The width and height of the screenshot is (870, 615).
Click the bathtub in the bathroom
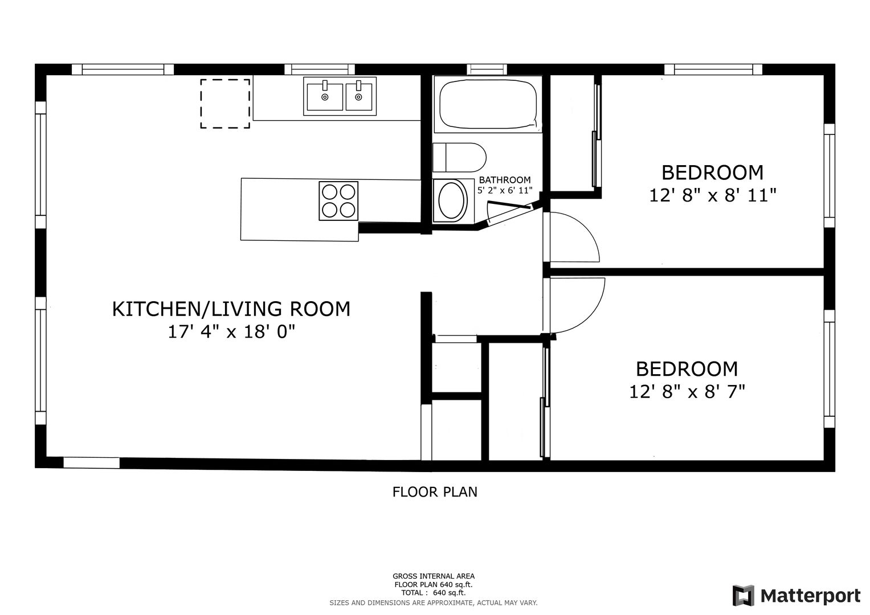[x=488, y=104]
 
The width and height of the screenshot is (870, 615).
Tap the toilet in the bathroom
[x=459, y=158]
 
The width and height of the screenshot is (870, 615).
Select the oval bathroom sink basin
[x=451, y=200]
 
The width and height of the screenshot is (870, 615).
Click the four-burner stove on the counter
[x=338, y=200]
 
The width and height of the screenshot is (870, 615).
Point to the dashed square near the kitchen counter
[x=225, y=104]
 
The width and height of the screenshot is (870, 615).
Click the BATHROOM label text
[x=505, y=180]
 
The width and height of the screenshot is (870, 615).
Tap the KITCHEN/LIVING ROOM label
[x=231, y=309]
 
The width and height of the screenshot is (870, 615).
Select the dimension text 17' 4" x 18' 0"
[x=231, y=332]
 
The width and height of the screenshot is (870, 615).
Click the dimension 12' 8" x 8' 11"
[x=713, y=195]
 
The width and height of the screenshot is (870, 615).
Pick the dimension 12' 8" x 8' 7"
[x=687, y=392]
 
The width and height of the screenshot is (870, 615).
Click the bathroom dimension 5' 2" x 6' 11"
[x=505, y=190]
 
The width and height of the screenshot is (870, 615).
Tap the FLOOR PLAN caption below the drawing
[x=435, y=492]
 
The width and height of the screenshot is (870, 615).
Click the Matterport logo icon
[x=743, y=596]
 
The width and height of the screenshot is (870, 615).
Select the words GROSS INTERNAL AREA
[x=434, y=576]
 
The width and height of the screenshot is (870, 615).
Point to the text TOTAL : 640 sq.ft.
[x=434, y=593]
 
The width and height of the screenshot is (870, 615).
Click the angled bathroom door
[x=509, y=205]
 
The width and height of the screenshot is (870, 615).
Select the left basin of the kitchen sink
[x=325, y=97]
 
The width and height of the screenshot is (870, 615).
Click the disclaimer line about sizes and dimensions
[x=434, y=603]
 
